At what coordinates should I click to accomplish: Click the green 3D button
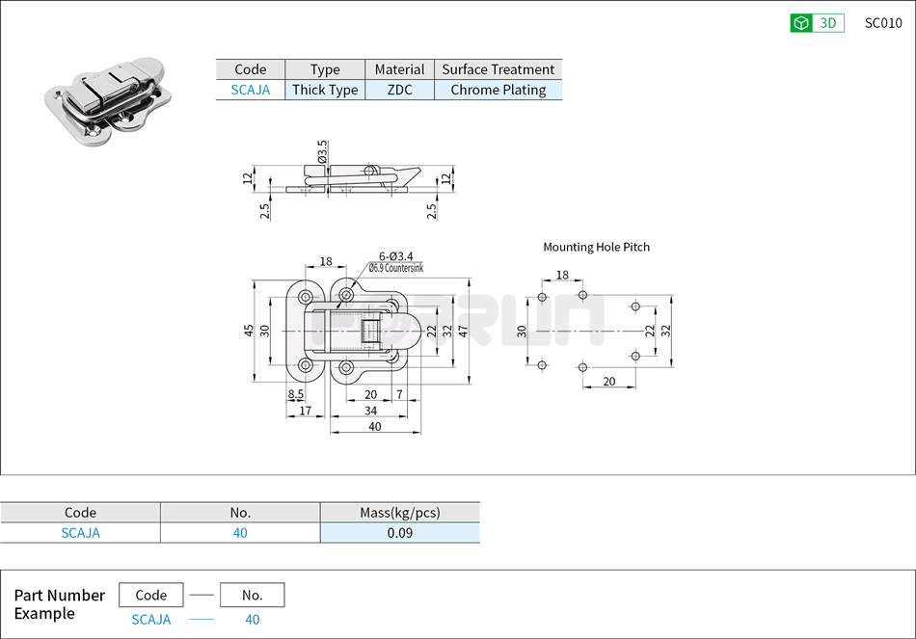click(817, 23)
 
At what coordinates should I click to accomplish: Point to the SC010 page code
click(883, 23)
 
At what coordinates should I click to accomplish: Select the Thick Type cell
click(325, 90)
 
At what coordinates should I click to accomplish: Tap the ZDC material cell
click(399, 90)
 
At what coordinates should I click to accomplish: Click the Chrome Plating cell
click(498, 90)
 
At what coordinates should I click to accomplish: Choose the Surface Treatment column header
click(498, 69)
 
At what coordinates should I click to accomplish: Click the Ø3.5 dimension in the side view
click(322, 152)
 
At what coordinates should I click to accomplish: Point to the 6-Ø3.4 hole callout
click(395, 256)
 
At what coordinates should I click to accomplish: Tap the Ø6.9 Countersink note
click(395, 268)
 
